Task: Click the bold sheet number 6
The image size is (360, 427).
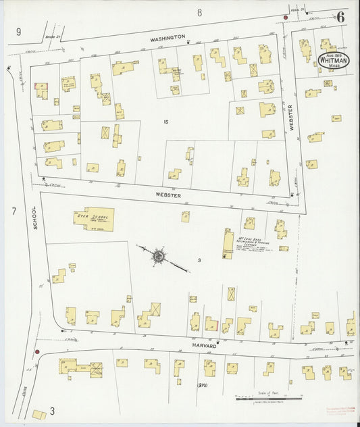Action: click(341, 18)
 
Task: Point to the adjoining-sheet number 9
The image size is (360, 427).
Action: click(19, 31)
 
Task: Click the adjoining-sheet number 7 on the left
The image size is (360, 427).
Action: click(13, 211)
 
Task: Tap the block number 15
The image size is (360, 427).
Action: click(165, 122)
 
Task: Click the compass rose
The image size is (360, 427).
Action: click(159, 256)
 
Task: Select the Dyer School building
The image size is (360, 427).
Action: click(94, 218)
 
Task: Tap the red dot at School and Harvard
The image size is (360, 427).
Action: click(37, 351)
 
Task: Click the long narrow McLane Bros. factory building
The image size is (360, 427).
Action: click(228, 243)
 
